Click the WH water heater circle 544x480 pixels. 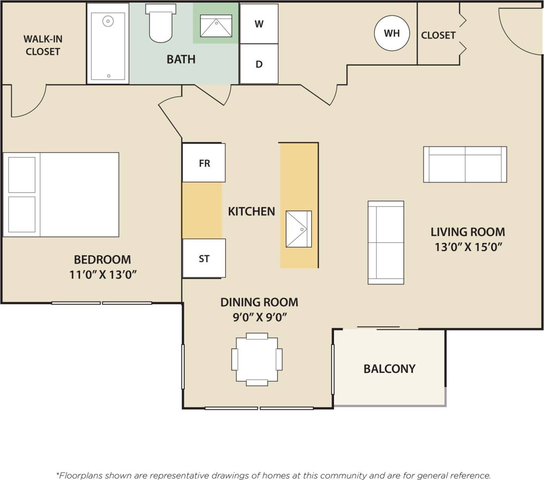click(392, 34)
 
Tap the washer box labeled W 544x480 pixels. click(259, 24)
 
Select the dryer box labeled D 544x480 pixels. click(259, 64)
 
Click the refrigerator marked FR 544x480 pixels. click(204, 163)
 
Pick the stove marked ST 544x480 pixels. click(204, 258)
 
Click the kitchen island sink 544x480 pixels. click(299, 229)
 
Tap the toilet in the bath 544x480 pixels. click(161, 23)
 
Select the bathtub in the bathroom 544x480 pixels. click(108, 43)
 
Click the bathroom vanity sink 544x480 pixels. click(216, 26)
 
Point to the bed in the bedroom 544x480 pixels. click(61, 195)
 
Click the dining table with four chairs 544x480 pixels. click(257, 360)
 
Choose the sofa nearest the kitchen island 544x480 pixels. click(386, 242)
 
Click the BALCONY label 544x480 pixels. click(389, 369)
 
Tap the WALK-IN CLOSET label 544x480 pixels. click(43, 45)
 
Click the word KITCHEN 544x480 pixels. click(251, 211)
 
